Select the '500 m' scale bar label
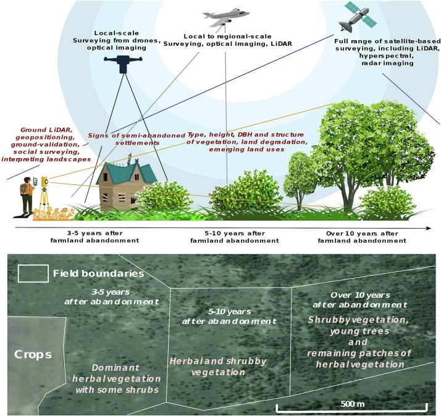coord(352,404)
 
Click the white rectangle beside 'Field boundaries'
coord(32,273)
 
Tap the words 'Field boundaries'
coord(99,273)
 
